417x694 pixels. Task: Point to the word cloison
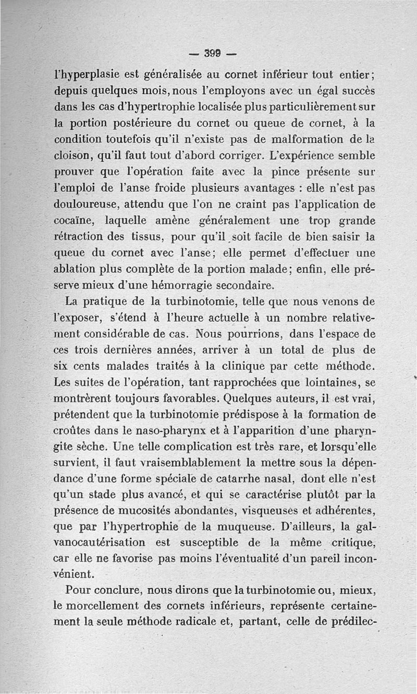76,156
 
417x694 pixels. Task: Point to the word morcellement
104,607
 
